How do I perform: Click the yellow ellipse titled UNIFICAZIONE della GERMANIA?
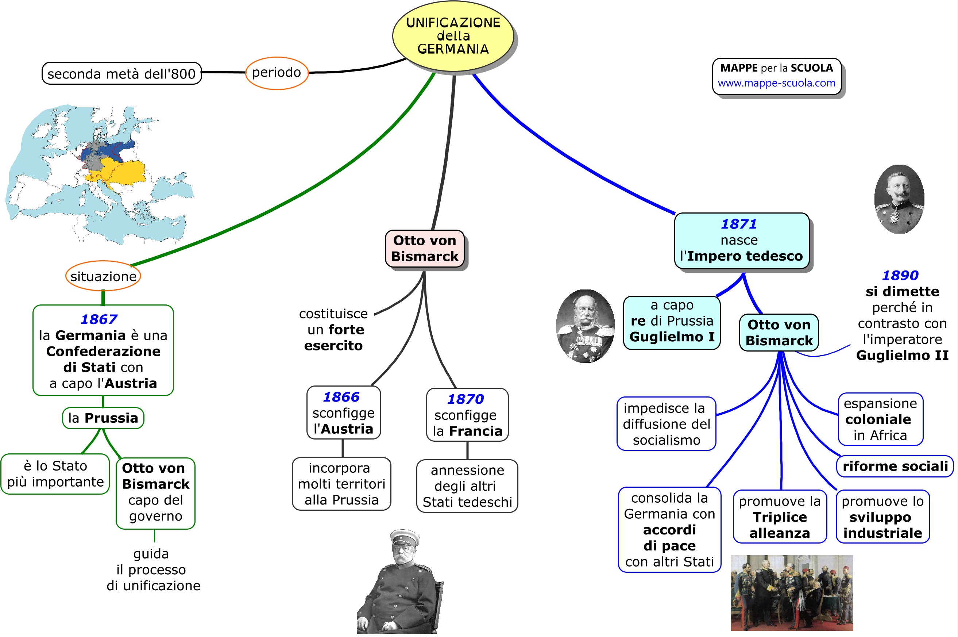[453, 36]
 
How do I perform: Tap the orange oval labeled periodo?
[277, 73]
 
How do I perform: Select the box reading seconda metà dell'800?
[121, 73]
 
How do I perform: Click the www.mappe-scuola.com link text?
[776, 83]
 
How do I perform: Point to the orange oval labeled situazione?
[103, 276]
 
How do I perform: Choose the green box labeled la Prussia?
[103, 418]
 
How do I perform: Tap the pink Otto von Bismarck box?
[425, 249]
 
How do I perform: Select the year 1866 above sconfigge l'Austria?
[341, 397]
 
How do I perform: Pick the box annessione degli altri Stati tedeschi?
[467, 486]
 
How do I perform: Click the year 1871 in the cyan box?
[739, 224]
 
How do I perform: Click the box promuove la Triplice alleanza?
[779, 517]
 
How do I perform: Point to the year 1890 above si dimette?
[900, 276]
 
